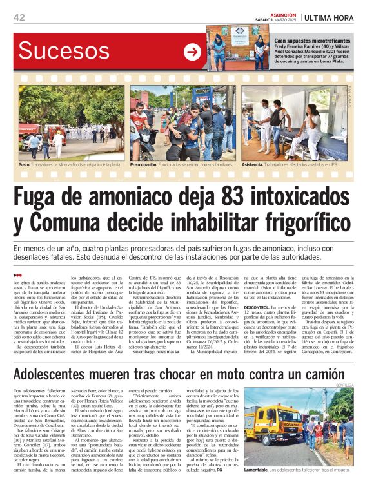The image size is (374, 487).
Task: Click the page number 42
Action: point(19,17)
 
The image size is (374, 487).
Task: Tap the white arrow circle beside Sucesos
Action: point(192,52)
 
